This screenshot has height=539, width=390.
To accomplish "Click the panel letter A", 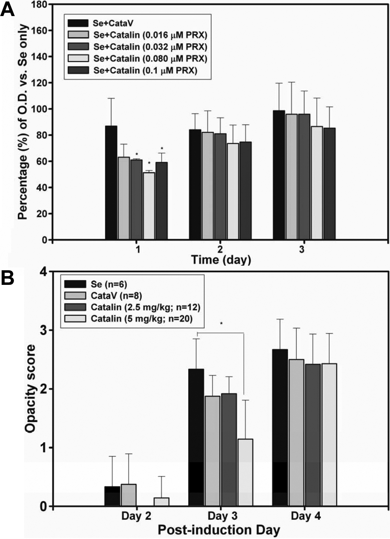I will coord(8,9).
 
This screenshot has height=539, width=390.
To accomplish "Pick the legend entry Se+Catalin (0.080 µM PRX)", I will coord(138,58).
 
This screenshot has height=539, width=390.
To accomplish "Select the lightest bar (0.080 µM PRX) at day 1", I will coord(149,206).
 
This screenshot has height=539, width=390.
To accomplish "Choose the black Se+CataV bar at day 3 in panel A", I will coord(279,175).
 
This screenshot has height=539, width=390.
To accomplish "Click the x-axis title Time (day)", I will coord(221,260).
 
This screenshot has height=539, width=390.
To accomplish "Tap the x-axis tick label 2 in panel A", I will coord(220,250).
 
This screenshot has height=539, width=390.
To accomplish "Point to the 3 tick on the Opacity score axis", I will coord(44,330).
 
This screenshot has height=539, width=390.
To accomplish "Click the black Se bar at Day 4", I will coord(280,428).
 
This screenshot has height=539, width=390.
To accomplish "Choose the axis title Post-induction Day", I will coord(219,530).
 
